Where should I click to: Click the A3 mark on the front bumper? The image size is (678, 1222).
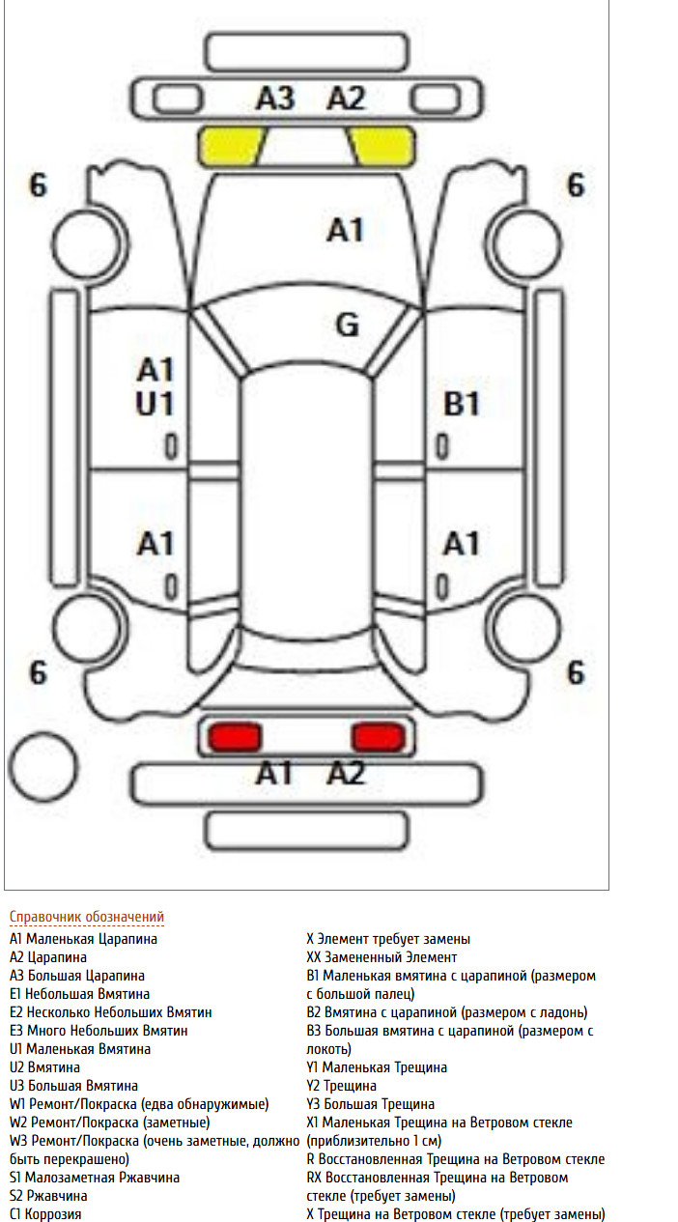[x=275, y=99]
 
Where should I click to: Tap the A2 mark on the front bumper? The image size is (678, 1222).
[x=346, y=99]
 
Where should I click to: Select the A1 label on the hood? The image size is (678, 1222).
[x=345, y=230]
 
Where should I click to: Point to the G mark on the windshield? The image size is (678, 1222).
[x=348, y=326]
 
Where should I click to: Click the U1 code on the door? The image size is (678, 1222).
[x=155, y=404]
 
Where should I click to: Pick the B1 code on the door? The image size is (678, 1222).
[x=462, y=404]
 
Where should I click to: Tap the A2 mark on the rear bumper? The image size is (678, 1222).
[x=346, y=774]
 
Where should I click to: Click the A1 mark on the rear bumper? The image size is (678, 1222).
[x=274, y=774]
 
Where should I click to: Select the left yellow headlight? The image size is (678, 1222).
[x=232, y=146]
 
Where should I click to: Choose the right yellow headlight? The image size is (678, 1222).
[x=381, y=146]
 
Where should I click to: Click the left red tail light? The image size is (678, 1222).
[x=235, y=737]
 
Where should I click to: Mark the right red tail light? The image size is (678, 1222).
[x=379, y=737]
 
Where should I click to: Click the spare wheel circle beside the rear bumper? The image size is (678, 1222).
[x=43, y=767]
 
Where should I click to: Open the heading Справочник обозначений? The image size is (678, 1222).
[x=87, y=917]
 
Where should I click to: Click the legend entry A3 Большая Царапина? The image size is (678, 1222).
[x=77, y=976]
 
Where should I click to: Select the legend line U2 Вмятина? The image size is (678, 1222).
[x=44, y=1067]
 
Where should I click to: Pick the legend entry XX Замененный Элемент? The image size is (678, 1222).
[x=381, y=957]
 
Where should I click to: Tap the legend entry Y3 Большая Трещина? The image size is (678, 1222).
[x=370, y=1103]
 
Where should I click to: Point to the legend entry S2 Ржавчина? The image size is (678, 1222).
[x=48, y=1195]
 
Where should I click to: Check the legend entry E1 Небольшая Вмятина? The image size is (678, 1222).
[x=79, y=993]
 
